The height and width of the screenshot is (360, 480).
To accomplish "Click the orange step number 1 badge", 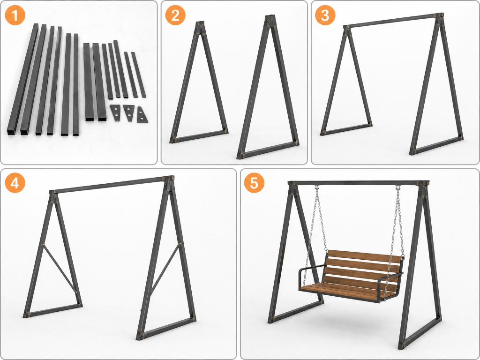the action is [15, 15].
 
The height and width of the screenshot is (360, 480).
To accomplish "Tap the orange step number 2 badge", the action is [175, 15].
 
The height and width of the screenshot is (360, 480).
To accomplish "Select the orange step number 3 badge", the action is [325, 15].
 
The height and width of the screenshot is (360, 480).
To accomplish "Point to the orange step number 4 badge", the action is [15, 183].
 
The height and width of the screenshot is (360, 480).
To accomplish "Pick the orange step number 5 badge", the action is [254, 183].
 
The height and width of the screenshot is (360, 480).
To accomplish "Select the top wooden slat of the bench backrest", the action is [364, 256].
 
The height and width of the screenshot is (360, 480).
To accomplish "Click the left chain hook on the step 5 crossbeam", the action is [317, 187].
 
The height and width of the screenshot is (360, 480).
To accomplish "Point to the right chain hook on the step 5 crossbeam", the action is [398, 187].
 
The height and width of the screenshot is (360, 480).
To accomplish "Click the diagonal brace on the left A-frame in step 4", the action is [60, 268].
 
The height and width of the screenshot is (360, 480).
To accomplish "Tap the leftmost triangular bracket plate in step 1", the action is [116, 112].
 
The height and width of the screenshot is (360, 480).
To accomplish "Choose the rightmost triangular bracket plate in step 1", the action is [142, 115].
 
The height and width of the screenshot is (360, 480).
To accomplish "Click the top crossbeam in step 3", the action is [393, 21].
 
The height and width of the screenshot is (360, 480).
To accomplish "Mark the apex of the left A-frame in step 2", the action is [200, 23].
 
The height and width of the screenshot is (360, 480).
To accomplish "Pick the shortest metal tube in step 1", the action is [138, 75].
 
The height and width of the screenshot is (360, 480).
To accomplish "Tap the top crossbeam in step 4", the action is [112, 184].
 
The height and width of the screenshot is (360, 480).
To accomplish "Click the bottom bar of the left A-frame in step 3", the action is [346, 129].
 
